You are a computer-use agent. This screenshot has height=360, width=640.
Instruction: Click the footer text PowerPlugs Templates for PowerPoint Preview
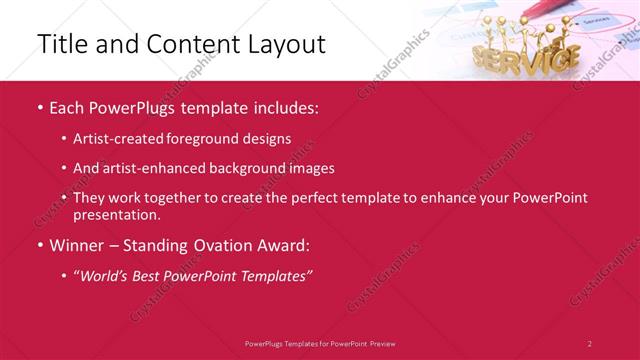click(x=320, y=342)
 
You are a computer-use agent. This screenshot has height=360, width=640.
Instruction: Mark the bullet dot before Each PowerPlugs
click(x=39, y=107)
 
